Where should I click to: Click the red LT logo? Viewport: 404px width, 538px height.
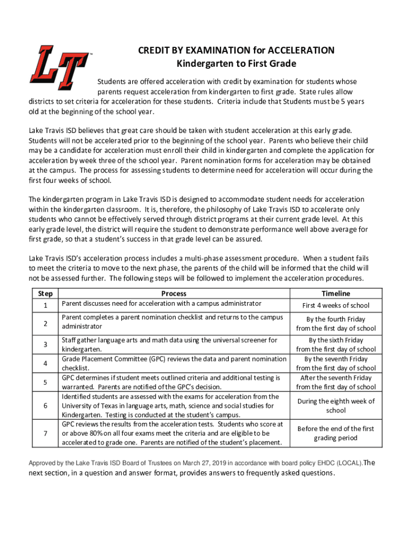click(59, 67)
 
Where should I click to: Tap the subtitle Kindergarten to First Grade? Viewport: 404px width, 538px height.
click(236, 64)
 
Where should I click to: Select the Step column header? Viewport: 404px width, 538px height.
click(45, 294)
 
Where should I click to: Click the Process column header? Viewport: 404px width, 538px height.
click(174, 294)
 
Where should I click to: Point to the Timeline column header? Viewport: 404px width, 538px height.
click(336, 294)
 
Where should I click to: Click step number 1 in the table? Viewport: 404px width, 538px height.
click(45, 306)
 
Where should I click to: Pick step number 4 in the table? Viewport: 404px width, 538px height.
click(45, 364)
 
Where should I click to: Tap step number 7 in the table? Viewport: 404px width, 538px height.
click(45, 433)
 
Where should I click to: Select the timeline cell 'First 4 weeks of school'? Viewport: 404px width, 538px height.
click(336, 306)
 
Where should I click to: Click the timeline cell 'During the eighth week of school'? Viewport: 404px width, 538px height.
click(336, 406)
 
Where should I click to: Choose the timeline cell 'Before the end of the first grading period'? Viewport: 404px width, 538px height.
click(336, 433)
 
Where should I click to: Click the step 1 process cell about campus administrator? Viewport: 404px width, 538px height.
click(161, 304)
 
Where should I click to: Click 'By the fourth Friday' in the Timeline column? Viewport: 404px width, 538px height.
click(336, 319)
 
